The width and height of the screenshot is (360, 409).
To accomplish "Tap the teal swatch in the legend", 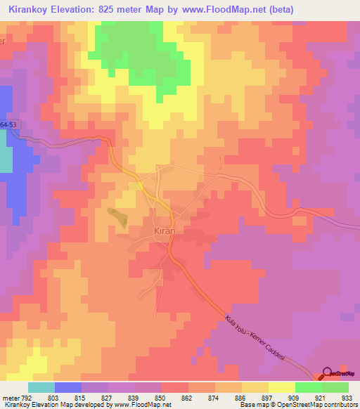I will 41,387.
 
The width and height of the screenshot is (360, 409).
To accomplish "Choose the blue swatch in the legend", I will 68,387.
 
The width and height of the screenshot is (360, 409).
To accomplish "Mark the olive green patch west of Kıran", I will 118,216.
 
